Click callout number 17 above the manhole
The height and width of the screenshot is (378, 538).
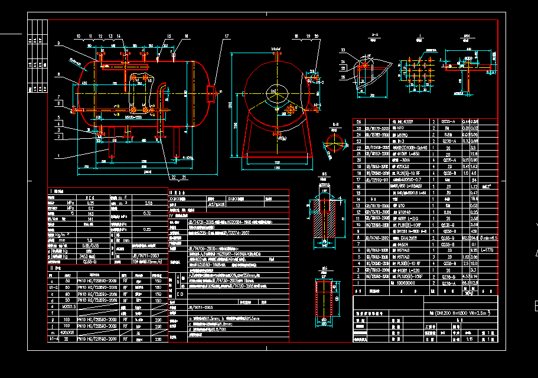pos(226,37)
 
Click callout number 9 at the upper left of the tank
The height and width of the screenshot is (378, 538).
pos(59,44)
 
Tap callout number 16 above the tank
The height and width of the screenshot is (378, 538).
pos(187,37)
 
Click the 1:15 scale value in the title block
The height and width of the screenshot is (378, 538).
pos(454,339)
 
